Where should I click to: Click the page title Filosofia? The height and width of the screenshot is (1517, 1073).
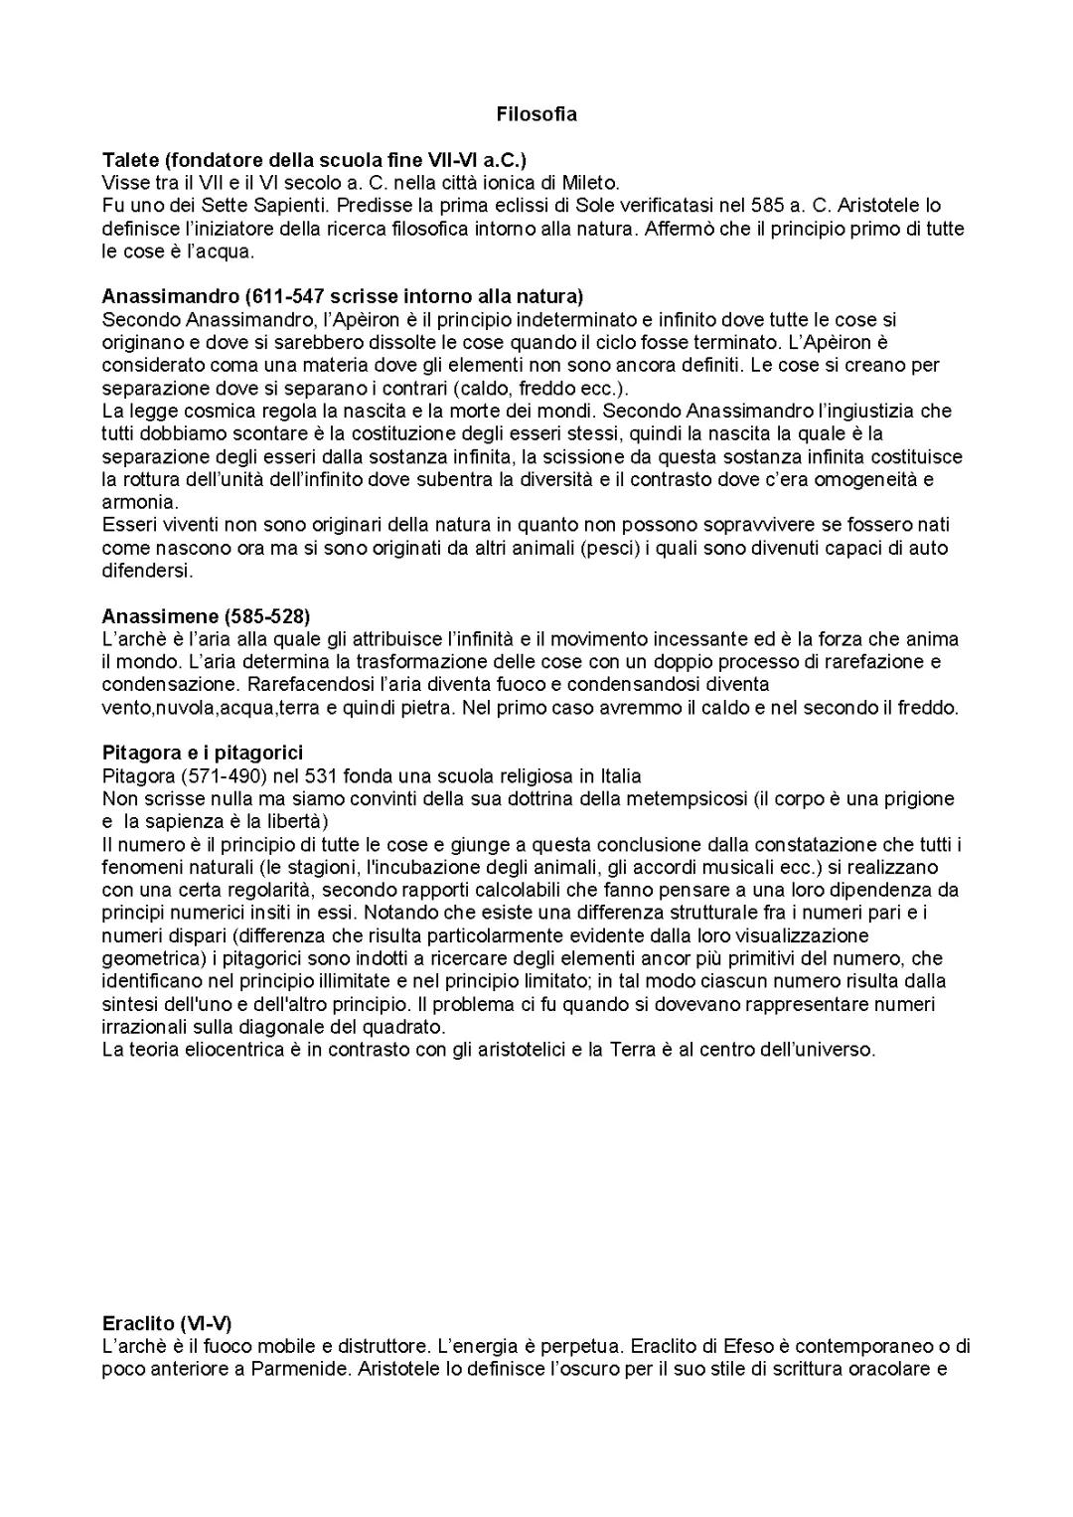pos(536,114)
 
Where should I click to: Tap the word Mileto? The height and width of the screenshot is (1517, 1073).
pos(591,183)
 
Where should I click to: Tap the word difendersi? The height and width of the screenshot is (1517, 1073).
pos(147,571)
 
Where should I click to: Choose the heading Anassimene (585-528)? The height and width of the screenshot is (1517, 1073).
pos(206,616)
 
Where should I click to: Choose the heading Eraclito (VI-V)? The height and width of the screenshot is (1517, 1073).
pos(167,1324)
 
